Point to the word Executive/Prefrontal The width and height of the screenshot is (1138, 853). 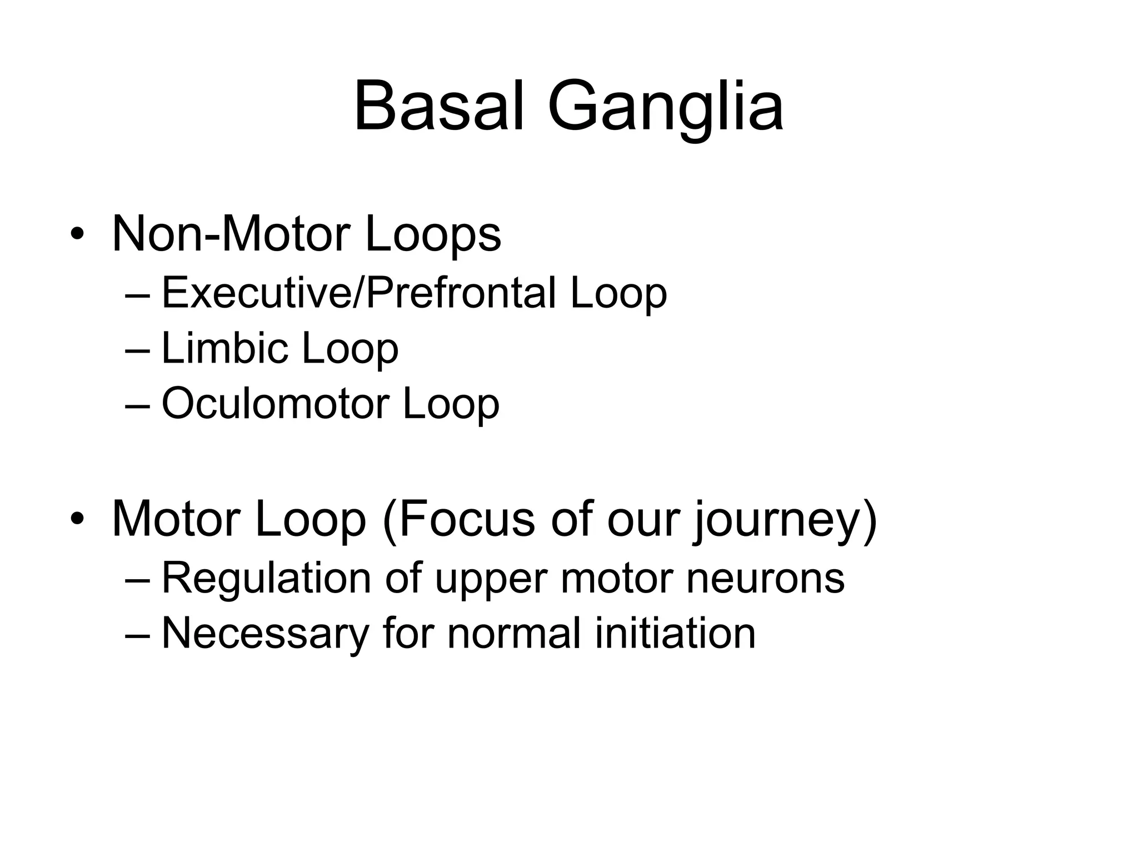pyautogui.click(x=358, y=293)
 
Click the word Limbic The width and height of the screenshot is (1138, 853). pyautogui.click(x=224, y=348)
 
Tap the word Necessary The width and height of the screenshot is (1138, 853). pyautogui.click(x=266, y=634)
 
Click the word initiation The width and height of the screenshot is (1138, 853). pyautogui.click(x=675, y=633)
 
